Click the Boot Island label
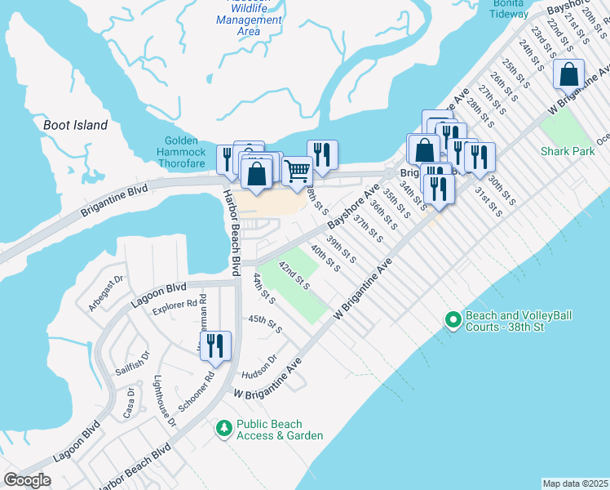pos(75,125)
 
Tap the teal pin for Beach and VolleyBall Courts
pos(453,320)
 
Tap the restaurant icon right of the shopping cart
pos(322,154)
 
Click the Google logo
pos(27,480)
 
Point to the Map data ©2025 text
pos(575,483)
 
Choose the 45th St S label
pos(265,324)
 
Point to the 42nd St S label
pos(294,275)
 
